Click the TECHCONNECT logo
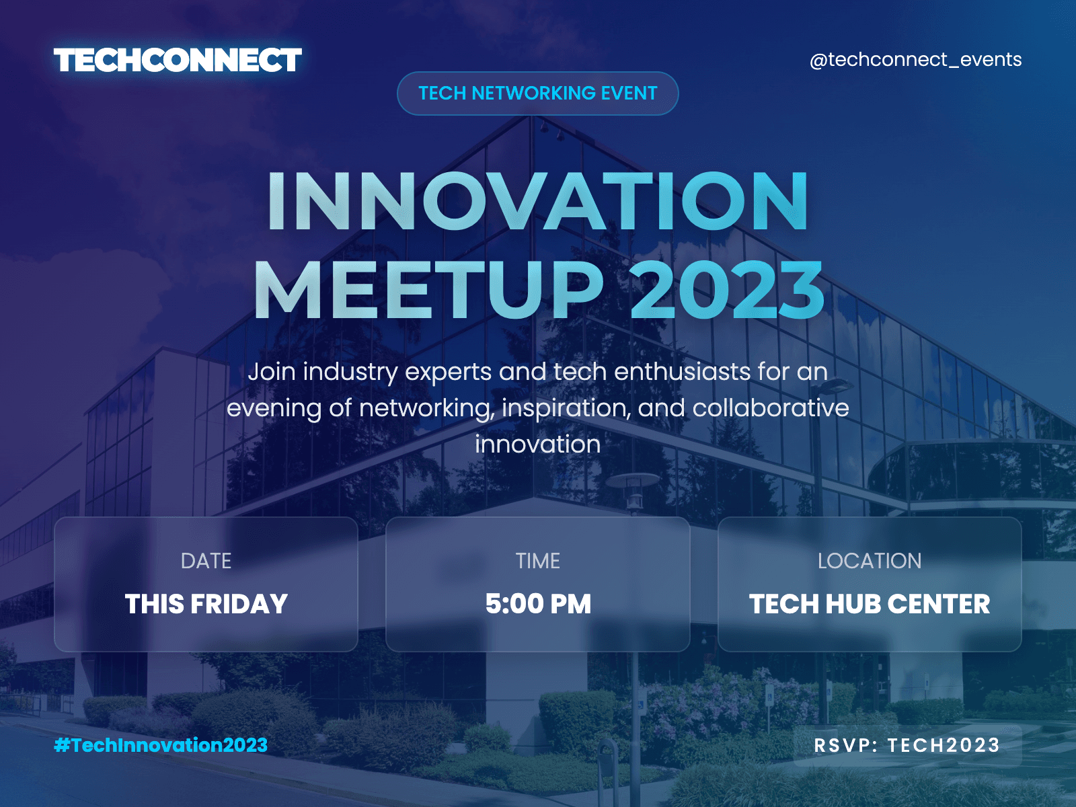178,61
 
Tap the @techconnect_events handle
916,60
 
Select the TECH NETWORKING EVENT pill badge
538,93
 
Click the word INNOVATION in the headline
538,201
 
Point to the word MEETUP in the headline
428,291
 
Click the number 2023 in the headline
726,291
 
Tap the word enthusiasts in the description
683,371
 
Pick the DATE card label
206,561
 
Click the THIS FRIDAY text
206,604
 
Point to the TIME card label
538,561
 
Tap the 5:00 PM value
538,604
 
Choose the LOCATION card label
870,561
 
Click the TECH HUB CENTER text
870,604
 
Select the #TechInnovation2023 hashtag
161,745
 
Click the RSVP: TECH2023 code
907,745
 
